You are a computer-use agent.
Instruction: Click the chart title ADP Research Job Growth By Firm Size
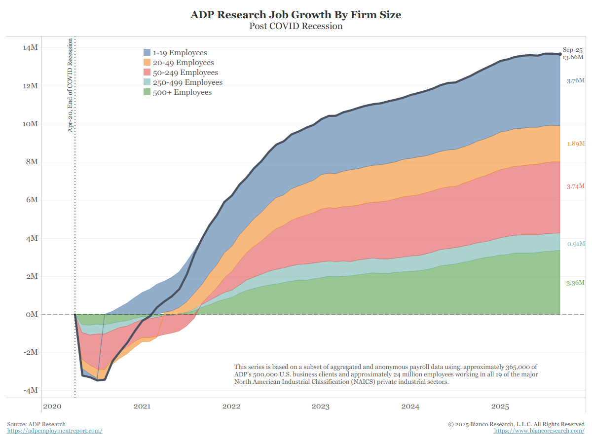pos(296,15)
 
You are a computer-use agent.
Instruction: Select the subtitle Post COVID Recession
pos(296,26)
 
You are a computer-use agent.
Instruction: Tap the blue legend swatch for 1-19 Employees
pos(147,53)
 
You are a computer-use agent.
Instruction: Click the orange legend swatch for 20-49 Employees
pos(147,63)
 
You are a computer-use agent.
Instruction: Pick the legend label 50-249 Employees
pos(185,73)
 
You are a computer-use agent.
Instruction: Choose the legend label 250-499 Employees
pos(187,82)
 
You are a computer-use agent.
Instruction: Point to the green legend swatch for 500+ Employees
pos(147,92)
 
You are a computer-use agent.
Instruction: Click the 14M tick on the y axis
pos(30,48)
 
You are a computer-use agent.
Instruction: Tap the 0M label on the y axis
pos(31,314)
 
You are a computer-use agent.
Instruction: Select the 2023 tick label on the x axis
pos(321,407)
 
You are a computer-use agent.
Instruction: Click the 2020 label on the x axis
pos(52,407)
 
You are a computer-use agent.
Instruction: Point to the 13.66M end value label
pos(573,57)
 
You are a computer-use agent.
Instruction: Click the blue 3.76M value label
pos(575,80)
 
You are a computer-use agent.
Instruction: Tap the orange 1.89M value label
pos(575,144)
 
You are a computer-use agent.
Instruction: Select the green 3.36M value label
pos(575,283)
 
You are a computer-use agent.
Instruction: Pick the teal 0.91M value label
pos(575,244)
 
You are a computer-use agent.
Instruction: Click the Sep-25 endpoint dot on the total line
pos(560,54)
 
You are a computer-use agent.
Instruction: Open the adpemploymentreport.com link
pos(54,431)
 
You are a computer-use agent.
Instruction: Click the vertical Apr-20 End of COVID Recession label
pos(71,85)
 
